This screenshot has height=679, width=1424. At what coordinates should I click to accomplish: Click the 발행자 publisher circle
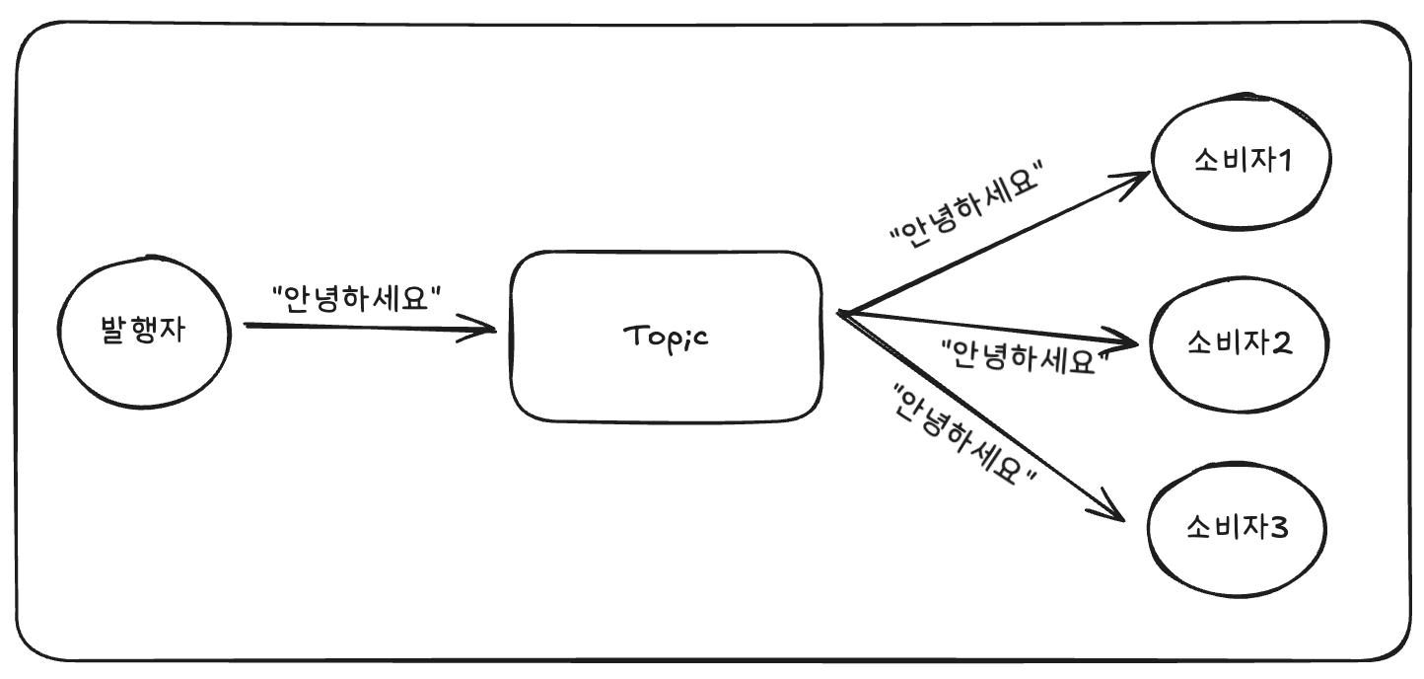(142, 332)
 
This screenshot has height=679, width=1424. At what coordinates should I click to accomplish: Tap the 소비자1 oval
(1240, 162)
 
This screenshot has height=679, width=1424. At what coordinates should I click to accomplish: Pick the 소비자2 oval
(1240, 344)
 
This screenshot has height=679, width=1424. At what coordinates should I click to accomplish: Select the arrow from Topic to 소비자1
(986, 246)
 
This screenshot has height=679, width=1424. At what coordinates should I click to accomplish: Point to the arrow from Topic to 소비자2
(986, 326)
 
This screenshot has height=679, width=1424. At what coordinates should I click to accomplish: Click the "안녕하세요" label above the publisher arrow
(355, 296)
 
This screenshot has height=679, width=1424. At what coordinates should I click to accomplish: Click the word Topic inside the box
(666, 338)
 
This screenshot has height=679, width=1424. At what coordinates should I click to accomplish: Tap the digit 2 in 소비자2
(1284, 344)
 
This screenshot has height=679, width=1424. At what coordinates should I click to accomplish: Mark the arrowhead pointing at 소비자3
(1113, 509)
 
